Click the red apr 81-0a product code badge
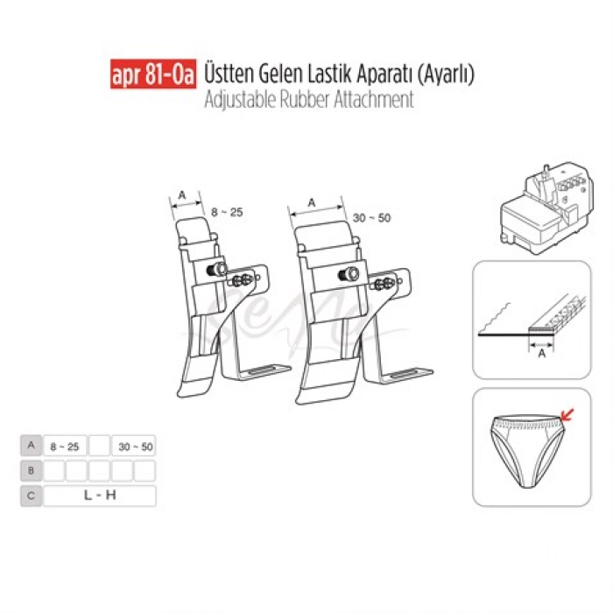click(x=152, y=75)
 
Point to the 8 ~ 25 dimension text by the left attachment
click(x=226, y=212)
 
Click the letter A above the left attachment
click(x=182, y=194)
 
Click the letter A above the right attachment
click(x=312, y=201)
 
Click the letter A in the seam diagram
click(x=541, y=356)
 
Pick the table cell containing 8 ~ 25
click(x=66, y=446)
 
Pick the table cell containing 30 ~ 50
click(x=134, y=446)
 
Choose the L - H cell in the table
click(x=100, y=496)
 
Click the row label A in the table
click(x=31, y=446)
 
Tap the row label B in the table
click(x=31, y=471)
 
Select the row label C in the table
click(x=31, y=496)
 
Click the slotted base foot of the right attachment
click(x=404, y=376)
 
